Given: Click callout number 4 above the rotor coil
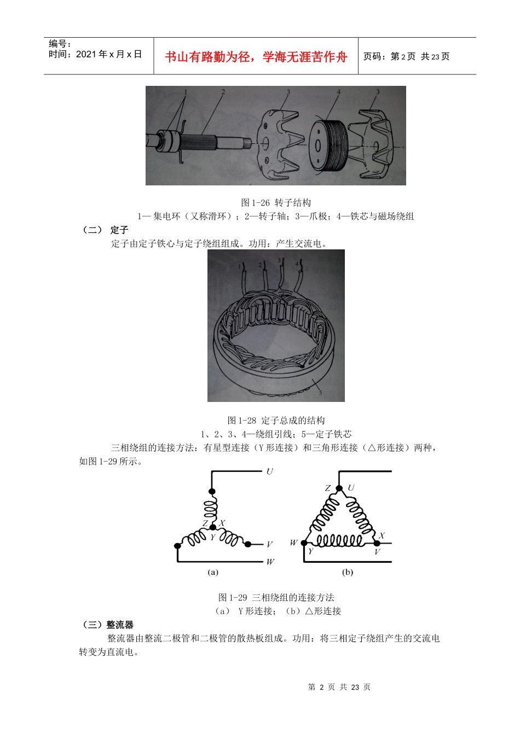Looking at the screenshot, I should coord(339,92).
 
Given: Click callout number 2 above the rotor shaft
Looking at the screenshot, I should coord(223,92).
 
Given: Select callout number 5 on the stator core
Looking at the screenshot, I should coord(320,392).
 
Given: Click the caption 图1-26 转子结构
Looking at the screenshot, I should coord(276,202).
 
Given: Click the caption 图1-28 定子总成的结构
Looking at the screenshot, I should coord(276,420).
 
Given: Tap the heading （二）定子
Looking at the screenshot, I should coord(105,230).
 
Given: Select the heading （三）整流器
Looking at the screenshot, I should coord(107,625).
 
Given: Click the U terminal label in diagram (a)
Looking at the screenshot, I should coord(269,471).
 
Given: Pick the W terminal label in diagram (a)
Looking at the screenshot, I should coord(270,562).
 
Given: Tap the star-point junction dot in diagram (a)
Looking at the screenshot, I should coord(213,527).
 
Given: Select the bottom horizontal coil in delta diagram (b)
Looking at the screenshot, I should coord(339,541).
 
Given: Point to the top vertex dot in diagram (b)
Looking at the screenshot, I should coord(339,488).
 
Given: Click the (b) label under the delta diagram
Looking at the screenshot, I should coord(348,572).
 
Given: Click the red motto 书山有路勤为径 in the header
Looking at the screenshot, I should coord(256,57).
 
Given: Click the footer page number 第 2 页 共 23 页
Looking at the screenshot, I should coord(339,687).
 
